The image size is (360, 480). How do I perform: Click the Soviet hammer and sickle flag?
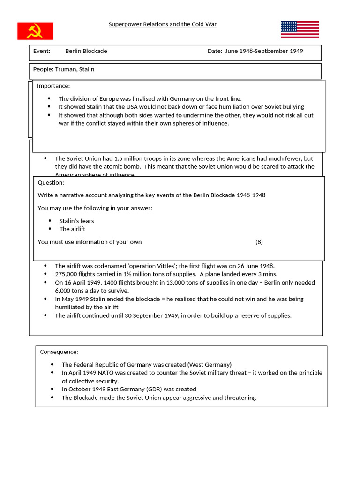tap(35, 31)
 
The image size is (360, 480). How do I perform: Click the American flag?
tap(300, 30)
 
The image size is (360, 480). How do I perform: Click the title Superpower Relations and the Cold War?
tap(163, 24)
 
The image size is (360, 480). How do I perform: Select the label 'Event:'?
tap(42, 51)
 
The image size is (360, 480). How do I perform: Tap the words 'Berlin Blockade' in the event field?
tap(86, 51)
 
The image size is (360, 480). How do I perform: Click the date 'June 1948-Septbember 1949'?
tap(264, 51)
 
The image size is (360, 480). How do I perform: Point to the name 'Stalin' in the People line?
tap(86, 69)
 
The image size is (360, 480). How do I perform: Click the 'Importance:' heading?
tap(53, 86)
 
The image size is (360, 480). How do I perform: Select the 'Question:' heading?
tap(51, 183)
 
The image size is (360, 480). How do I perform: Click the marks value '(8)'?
tap(259, 242)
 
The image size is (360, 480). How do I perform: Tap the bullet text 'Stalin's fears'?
tap(76, 221)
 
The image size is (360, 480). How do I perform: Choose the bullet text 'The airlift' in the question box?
tap(72, 229)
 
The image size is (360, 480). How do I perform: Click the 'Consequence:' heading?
tap(59, 352)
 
